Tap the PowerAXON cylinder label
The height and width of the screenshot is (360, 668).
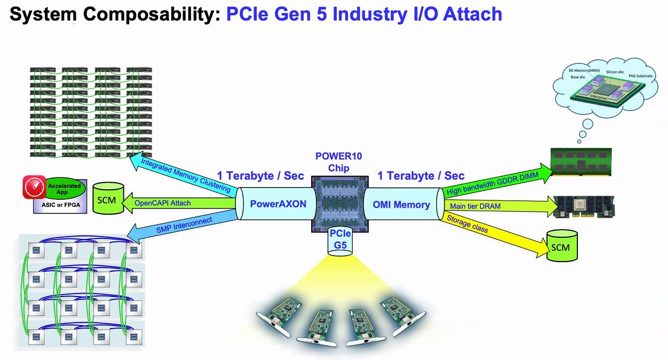(277, 205)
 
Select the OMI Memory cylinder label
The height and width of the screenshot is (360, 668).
(401, 205)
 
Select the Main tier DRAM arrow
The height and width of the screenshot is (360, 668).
(498, 206)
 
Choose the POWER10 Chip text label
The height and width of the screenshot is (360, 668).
(338, 162)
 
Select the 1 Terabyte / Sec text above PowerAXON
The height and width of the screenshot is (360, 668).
(260, 176)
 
